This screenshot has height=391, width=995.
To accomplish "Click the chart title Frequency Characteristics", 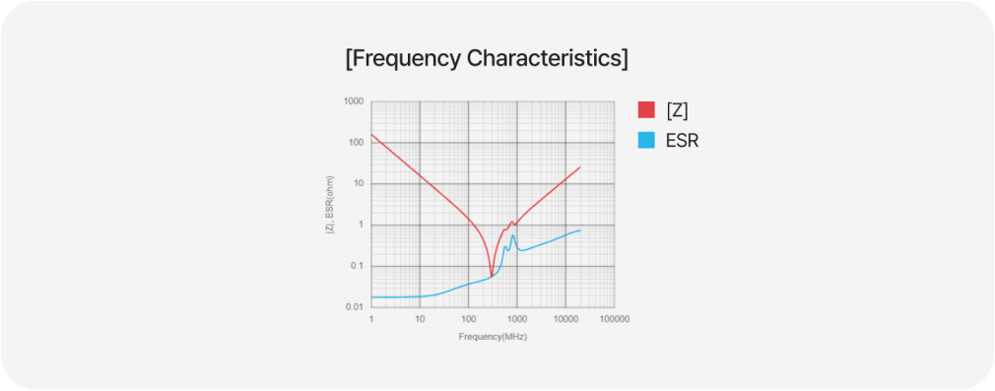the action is click(487, 58).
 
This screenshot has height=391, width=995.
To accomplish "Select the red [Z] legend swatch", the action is click(646, 109).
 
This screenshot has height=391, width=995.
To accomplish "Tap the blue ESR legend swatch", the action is click(646, 140).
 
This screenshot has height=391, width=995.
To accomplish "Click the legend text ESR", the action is click(682, 141).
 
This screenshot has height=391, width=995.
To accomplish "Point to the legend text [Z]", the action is click(677, 110).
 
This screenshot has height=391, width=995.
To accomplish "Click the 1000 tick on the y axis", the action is click(354, 101).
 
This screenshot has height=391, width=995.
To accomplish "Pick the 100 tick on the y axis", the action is click(356, 143).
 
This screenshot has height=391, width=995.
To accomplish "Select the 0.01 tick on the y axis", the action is click(355, 307).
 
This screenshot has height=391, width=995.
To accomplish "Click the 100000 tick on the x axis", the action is click(615, 319).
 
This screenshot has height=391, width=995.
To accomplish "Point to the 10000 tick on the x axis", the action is click(565, 319).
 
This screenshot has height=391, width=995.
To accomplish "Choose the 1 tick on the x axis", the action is click(371, 319).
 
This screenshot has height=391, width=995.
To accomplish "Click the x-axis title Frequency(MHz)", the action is click(493, 337).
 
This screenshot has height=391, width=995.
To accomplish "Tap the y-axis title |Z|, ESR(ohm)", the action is click(330, 205).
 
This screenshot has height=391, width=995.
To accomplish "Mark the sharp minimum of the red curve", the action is click(492, 276).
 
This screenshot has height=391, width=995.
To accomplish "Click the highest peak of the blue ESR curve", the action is click(512, 235).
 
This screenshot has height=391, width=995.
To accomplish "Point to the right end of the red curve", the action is click(580, 166).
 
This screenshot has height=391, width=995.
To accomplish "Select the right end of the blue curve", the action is click(580, 229).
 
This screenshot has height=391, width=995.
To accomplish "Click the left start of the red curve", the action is click(371, 135).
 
